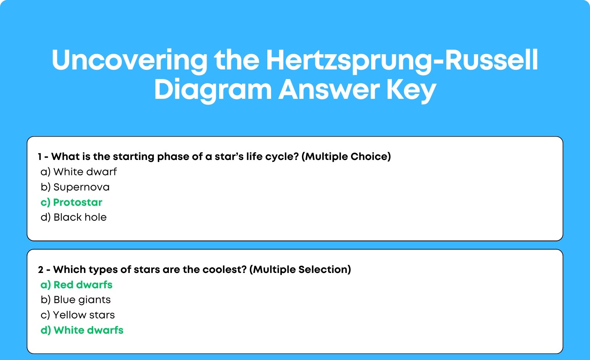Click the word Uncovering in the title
[x=129, y=61]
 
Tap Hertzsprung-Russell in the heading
[x=402, y=61]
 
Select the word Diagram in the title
[x=213, y=90]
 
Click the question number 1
[x=40, y=157]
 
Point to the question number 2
[x=40, y=270]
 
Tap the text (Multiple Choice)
[x=346, y=157]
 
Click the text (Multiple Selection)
[x=300, y=270]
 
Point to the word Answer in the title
[x=329, y=90]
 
